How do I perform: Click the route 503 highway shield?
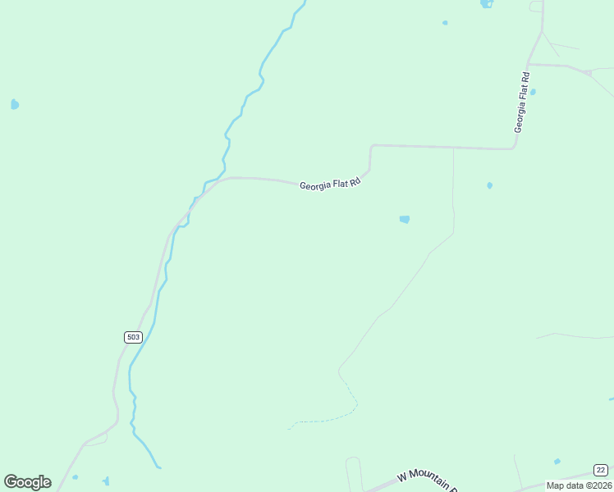tap(134, 337)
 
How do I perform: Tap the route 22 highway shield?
tap(601, 470)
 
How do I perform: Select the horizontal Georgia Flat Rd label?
tap(330, 185)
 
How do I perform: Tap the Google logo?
tap(27, 482)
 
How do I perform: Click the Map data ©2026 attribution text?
tap(579, 485)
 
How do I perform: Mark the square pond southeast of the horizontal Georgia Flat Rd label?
tap(404, 219)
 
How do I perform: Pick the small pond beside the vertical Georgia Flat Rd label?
tap(533, 92)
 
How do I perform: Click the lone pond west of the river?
tap(14, 104)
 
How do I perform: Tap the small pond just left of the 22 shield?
tap(557, 462)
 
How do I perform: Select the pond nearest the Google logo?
tap(75, 477)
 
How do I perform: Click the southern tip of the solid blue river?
tap(158, 467)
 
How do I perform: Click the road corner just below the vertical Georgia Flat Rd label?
tap(513, 148)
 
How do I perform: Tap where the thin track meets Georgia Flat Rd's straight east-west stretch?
tap(453, 148)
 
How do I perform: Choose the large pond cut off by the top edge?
tap(487, 3)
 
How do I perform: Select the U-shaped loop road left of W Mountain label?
tap(355, 471)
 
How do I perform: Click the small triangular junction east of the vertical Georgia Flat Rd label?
tap(588, 73)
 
